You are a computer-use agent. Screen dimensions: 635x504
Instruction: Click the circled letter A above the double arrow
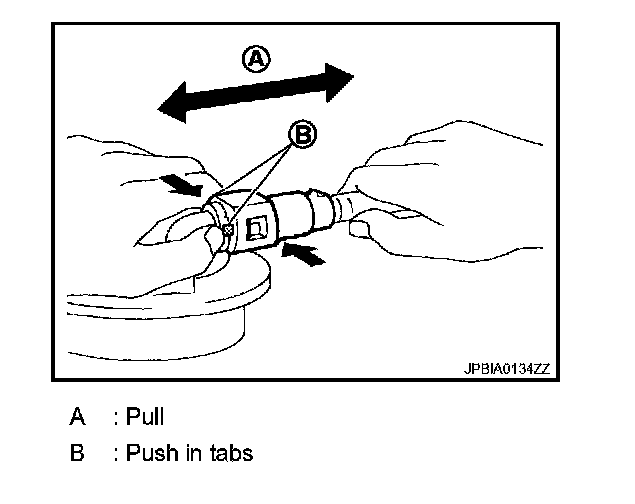(x=256, y=61)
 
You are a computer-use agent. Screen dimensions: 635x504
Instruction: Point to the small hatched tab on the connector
(x=227, y=230)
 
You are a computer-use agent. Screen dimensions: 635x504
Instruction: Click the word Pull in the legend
(x=145, y=417)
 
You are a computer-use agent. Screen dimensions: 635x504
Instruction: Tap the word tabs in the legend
(x=230, y=454)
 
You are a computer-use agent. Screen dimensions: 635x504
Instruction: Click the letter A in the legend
(x=77, y=417)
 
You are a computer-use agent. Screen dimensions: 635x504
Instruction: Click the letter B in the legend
(x=77, y=454)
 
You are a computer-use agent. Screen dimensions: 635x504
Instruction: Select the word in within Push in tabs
(x=187, y=454)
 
